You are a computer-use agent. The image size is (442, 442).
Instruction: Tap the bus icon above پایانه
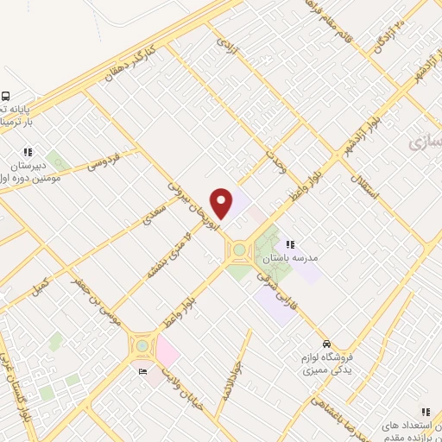click(x=5, y=97)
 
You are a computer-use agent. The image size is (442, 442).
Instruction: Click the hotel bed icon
click(x=143, y=372)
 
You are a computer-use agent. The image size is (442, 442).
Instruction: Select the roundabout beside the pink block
click(x=140, y=347)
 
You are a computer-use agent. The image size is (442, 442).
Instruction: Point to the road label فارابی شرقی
click(x=281, y=292)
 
